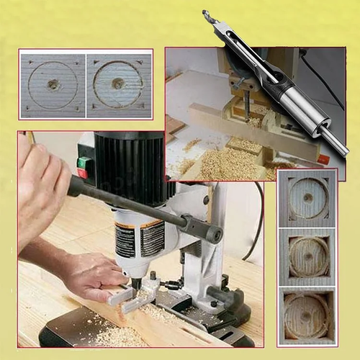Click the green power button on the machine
(x=84, y=162)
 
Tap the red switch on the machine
(x=82, y=174)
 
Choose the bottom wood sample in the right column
(x=307, y=315)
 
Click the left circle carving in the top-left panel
(x=52, y=84)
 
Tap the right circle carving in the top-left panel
(x=118, y=84)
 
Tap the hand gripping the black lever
(x=40, y=184)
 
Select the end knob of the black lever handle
(x=214, y=234)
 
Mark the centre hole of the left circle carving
(x=52, y=84)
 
